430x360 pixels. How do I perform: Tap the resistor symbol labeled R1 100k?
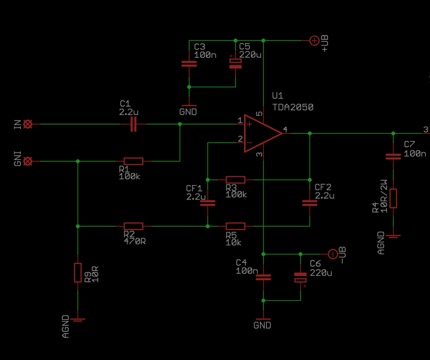click(x=134, y=161)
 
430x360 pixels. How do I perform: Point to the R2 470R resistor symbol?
click(x=134, y=226)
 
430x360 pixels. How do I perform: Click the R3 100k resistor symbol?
click(x=235, y=179)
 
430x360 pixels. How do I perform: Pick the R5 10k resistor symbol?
click(x=235, y=226)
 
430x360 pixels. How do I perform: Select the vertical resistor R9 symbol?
click(x=78, y=272)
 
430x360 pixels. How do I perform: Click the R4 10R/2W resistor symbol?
click(x=393, y=198)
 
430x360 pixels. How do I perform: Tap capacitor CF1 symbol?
click(x=208, y=202)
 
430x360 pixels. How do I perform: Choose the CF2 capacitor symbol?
click(x=310, y=202)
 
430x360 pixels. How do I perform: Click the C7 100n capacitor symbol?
click(x=393, y=156)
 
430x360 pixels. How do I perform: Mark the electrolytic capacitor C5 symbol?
click(x=237, y=63)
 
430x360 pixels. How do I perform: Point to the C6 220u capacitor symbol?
click(x=301, y=278)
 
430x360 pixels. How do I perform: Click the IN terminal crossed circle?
click(x=28, y=124)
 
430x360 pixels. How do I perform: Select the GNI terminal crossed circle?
click(x=28, y=161)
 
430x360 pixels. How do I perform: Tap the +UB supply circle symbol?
click(x=314, y=41)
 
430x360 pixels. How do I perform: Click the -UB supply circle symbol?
click(x=333, y=254)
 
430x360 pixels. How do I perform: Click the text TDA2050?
click(x=292, y=107)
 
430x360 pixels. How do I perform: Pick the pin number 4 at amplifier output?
click(x=286, y=129)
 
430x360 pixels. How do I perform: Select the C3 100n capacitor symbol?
click(x=189, y=63)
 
